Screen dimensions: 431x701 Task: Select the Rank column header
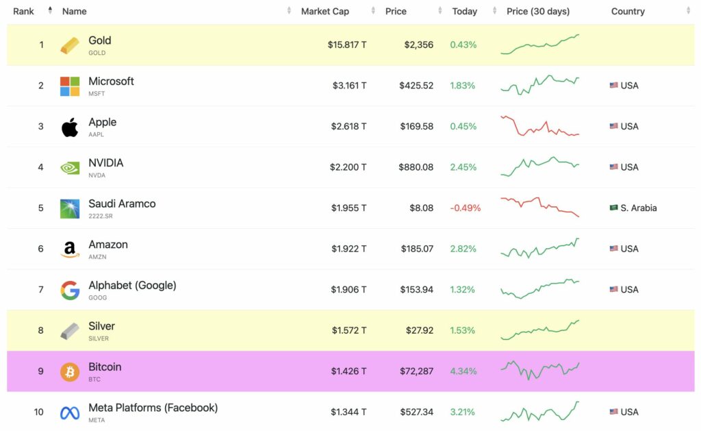point(24,11)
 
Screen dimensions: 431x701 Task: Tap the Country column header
point(628,11)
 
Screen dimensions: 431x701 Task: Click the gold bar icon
point(70,45)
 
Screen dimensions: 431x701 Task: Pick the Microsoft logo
point(70,86)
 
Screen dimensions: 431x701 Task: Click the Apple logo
point(70,127)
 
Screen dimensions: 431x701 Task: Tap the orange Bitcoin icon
point(70,372)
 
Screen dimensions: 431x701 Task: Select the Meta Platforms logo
point(70,412)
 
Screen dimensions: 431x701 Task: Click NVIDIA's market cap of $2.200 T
point(348,167)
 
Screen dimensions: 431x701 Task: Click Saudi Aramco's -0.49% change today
point(465,208)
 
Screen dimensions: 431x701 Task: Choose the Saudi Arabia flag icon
point(613,208)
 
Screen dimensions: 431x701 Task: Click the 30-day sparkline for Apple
point(539,126)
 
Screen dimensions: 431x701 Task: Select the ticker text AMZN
point(97,257)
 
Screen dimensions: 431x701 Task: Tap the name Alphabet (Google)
point(132,285)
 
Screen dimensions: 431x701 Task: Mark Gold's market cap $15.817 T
point(346,45)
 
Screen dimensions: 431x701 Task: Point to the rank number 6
point(41,249)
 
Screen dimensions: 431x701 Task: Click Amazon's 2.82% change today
point(463,249)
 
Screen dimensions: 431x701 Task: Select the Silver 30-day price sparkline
point(539,330)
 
